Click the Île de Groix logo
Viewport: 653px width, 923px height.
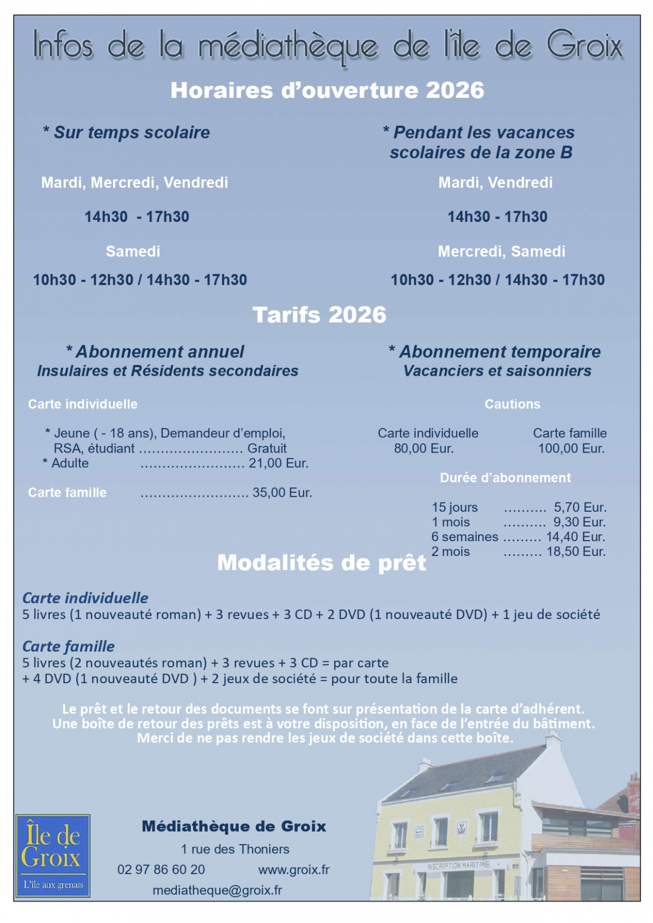coord(53,855)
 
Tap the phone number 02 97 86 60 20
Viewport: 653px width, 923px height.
coord(161,870)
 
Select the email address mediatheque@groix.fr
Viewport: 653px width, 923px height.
coord(217,890)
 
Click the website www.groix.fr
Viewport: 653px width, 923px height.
coord(294,870)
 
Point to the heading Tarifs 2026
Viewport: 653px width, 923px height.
coord(319,315)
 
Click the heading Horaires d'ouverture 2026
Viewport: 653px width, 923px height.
coord(327,90)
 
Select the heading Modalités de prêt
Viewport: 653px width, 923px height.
coord(321,563)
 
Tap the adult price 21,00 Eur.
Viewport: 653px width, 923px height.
coord(279,463)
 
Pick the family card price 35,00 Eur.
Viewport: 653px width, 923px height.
coord(282,493)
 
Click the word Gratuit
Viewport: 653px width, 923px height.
coord(267,449)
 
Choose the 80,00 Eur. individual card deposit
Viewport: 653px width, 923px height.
coord(423,449)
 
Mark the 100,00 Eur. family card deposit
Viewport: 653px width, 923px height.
coord(571,449)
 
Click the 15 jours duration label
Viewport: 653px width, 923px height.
coord(454,507)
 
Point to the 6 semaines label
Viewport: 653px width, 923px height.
coord(464,537)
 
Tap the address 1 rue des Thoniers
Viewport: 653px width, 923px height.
coord(235,849)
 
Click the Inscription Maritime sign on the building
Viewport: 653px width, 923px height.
coord(458,865)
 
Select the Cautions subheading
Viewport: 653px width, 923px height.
coord(513,404)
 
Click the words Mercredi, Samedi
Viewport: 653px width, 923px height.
coord(501,251)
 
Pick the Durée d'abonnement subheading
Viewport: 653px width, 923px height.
coord(506,478)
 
